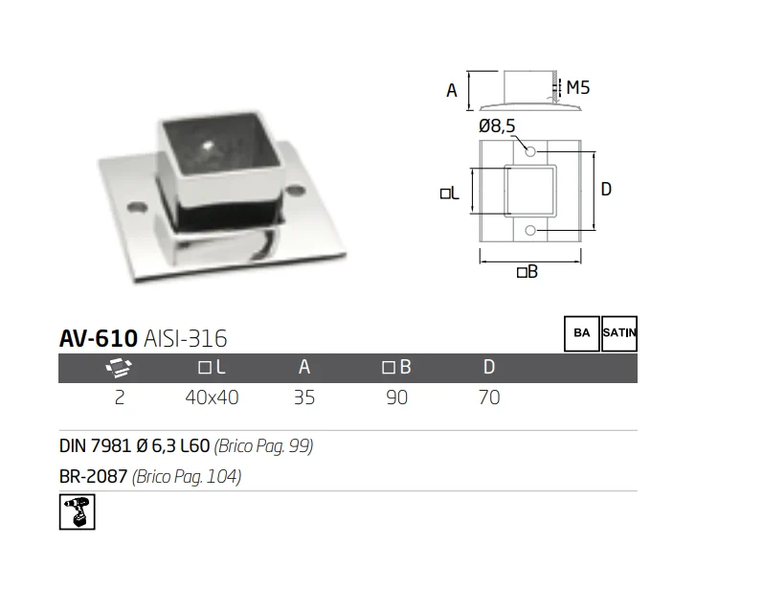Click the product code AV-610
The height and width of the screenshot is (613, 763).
point(99,338)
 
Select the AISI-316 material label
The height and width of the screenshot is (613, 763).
point(186,338)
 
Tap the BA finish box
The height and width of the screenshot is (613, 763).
point(582,333)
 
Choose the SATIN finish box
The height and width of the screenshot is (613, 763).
point(619,333)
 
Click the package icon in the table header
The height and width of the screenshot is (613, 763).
point(119,367)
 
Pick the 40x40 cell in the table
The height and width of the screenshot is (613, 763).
point(213,397)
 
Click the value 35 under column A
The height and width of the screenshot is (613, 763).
point(304,397)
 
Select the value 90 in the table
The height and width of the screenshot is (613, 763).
point(396,397)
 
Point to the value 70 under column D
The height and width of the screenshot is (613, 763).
point(489,397)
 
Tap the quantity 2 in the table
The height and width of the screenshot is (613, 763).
point(120,397)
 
